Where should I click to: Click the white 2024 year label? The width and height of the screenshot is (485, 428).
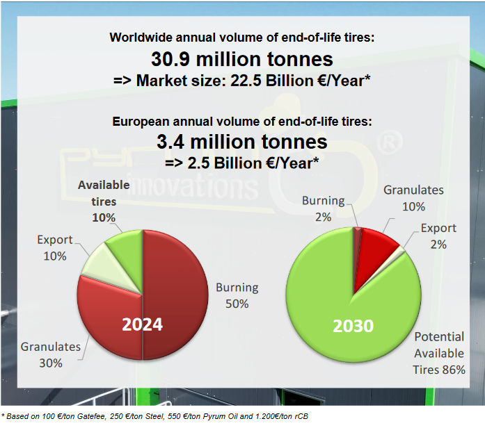[142, 324]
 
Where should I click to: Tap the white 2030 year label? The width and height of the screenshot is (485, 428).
[353, 326]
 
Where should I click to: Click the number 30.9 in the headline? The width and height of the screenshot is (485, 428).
[170, 59]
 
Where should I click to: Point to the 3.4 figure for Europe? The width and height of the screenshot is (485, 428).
[170, 142]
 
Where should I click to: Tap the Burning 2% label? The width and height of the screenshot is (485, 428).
[324, 208]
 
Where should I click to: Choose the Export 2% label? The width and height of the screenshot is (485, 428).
[438, 236]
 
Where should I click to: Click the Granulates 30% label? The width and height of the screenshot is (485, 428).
[51, 355]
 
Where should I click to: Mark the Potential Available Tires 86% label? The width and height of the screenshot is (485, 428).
[439, 353]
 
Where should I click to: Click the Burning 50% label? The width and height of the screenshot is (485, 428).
[237, 295]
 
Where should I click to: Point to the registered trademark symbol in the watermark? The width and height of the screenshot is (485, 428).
[390, 142]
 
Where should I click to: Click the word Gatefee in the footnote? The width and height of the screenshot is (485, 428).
[91, 416]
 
